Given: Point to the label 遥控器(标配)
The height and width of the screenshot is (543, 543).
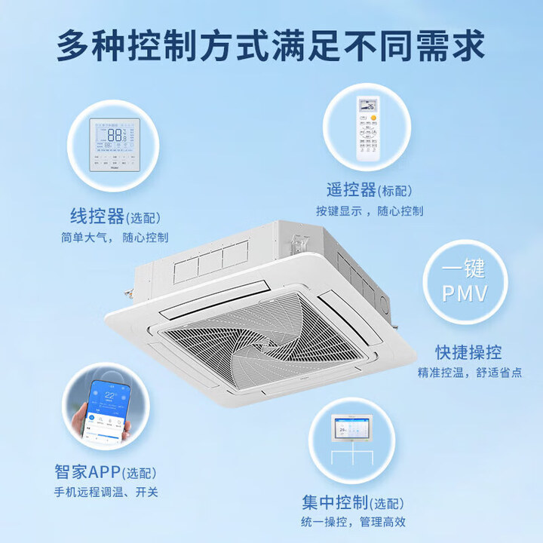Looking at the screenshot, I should coord(370,192).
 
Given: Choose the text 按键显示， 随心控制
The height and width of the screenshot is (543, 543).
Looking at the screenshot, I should coord(370,211).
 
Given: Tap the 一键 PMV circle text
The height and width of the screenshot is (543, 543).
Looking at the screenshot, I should coord(463,281).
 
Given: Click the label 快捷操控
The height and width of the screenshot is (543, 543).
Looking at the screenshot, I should coord(468,352).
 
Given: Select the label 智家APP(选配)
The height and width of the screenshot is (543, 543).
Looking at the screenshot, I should coord(106,473).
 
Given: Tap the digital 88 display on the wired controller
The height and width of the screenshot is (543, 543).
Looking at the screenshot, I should coord(115,134).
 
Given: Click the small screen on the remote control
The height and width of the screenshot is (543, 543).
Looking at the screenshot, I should coord(370,106).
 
